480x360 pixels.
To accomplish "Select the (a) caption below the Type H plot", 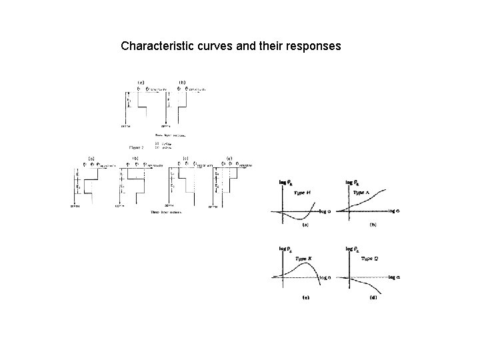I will pos(305,225).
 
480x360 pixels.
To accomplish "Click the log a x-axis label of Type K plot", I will pos(325,277).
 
